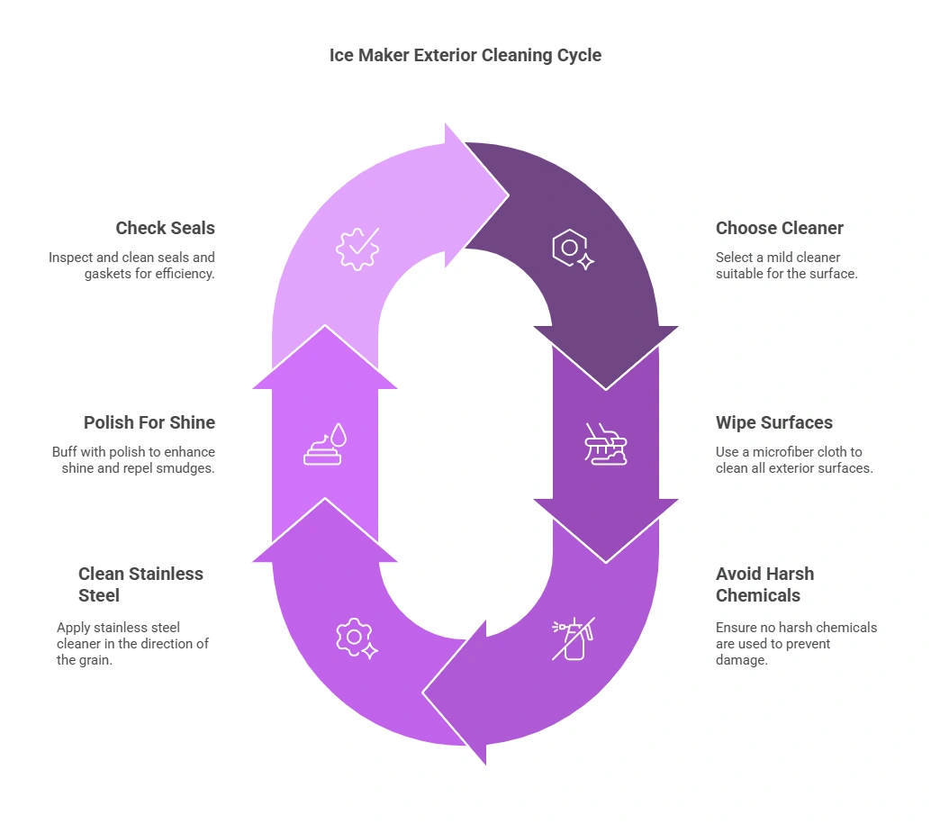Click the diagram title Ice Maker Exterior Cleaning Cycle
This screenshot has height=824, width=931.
[465, 55]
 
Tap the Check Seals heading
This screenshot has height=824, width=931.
[165, 228]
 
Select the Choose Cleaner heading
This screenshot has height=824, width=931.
[780, 228]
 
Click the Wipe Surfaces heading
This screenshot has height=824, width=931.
[773, 422]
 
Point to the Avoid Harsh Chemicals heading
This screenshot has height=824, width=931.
[764, 584]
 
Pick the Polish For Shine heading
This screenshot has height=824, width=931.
[149, 422]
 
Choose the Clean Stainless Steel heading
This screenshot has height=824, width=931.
[140, 584]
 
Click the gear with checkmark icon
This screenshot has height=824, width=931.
[357, 249]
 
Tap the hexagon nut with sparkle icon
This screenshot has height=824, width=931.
[573, 249]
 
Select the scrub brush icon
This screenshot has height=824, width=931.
[606, 444]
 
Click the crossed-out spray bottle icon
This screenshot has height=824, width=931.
[574, 638]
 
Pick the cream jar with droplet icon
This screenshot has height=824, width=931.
[325, 444]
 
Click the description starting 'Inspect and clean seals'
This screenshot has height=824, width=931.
[131, 266]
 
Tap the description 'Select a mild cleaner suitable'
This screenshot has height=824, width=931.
[786, 266]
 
